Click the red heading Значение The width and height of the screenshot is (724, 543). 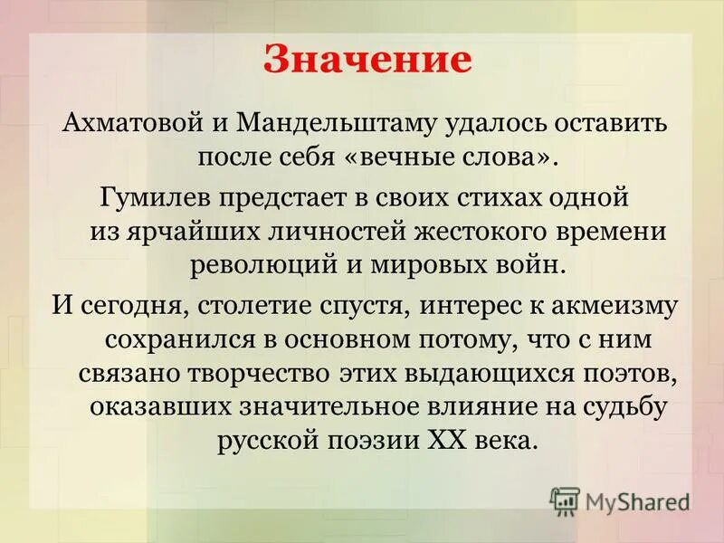coord(368,60)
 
